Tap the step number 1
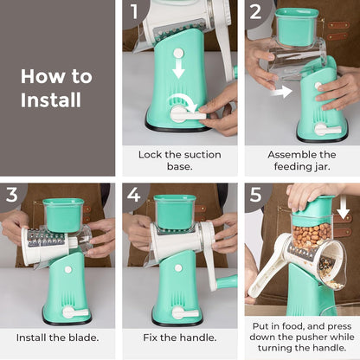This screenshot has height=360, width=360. pyautogui.click(x=134, y=12)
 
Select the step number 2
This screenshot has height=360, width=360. pyautogui.click(x=256, y=12)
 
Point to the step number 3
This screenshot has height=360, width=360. pyautogui.click(x=12, y=195)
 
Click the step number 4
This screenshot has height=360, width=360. pyautogui.click(x=134, y=195)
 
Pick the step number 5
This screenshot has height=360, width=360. pyautogui.click(x=256, y=195)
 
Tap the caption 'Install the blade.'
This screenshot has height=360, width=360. pyautogui.click(x=57, y=337)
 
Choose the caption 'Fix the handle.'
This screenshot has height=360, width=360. pyautogui.click(x=179, y=337)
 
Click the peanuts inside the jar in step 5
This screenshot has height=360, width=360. pyautogui.click(x=312, y=235)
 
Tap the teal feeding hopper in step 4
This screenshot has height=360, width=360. pyautogui.click(x=174, y=210)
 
